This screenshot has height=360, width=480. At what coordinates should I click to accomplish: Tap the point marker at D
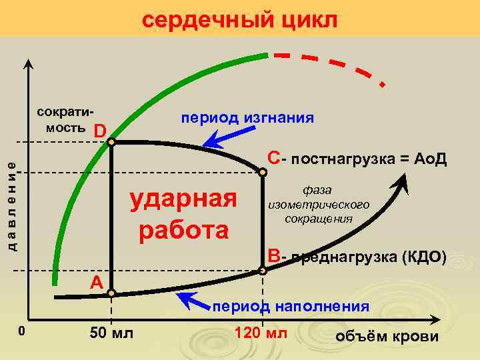[x=111, y=142]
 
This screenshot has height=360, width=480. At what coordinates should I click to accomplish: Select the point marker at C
[x=263, y=173]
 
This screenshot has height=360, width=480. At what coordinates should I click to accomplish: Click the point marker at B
[x=263, y=271]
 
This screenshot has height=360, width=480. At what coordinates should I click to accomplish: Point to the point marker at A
[x=111, y=293]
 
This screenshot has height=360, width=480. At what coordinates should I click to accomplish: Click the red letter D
[x=99, y=129]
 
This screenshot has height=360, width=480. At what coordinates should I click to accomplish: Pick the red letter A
[x=97, y=283]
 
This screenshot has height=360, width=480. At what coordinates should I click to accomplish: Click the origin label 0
[x=21, y=331]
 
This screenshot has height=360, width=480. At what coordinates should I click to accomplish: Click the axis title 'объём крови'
[x=389, y=336]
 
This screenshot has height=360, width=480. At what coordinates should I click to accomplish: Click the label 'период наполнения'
[x=291, y=307]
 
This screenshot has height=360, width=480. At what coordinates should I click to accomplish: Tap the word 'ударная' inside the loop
[x=183, y=199]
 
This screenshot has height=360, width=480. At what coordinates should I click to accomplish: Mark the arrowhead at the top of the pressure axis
[x=29, y=63]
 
